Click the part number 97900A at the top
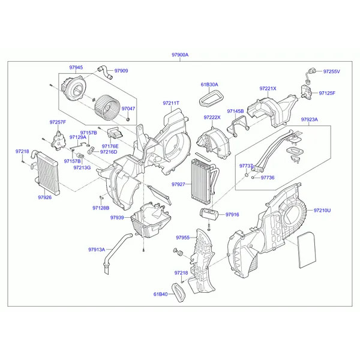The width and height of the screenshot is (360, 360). click(x=179, y=55)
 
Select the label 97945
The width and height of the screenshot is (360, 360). click(x=76, y=67)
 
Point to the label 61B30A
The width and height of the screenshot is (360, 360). click(x=209, y=85)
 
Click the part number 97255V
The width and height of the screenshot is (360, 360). click(x=331, y=71)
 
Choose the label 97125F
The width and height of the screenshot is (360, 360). click(x=327, y=93)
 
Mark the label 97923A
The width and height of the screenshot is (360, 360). click(x=310, y=119)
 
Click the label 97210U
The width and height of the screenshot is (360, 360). click(x=322, y=211)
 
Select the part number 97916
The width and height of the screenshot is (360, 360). click(x=232, y=214)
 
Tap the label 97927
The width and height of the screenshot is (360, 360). click(x=178, y=184)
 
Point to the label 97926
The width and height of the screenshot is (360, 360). click(x=46, y=196)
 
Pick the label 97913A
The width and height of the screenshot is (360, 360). click(x=96, y=249)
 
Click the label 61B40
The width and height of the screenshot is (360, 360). click(x=160, y=294)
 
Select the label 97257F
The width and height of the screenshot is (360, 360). click(x=58, y=122)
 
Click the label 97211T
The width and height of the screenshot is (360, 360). click(x=170, y=103)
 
